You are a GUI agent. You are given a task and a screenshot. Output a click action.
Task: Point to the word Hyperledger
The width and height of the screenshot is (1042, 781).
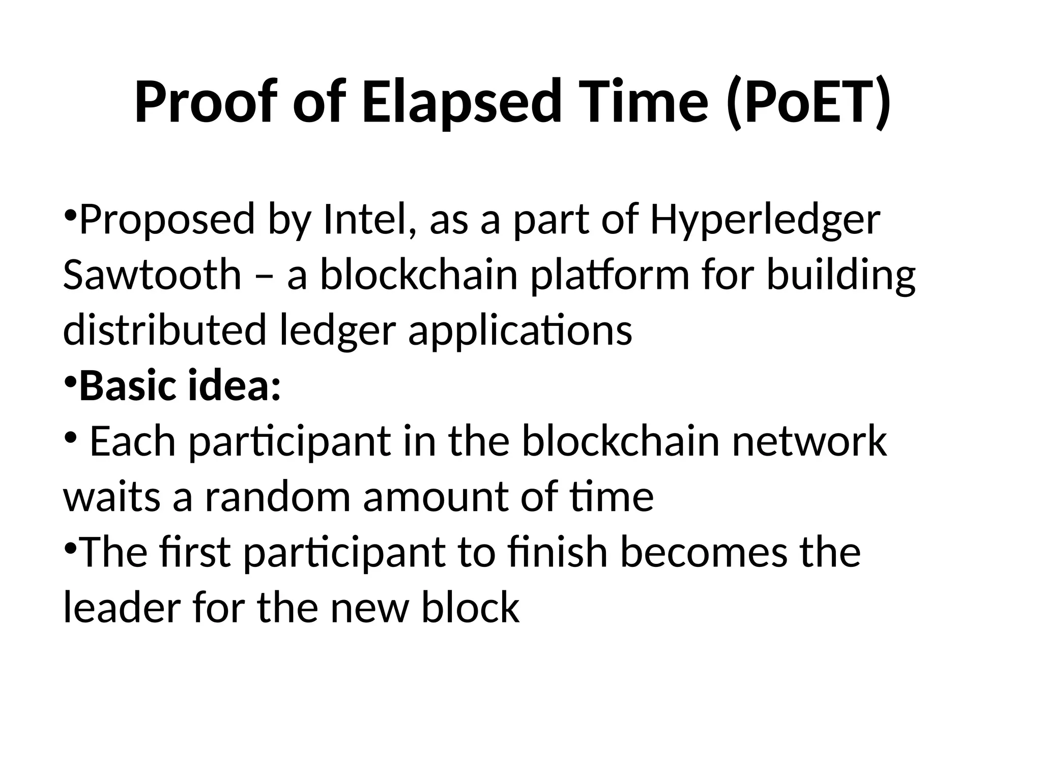[765, 220]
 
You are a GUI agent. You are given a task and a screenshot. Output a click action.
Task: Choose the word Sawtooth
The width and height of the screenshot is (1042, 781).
[152, 275]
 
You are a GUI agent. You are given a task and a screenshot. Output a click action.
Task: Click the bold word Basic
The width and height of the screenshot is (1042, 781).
[127, 385]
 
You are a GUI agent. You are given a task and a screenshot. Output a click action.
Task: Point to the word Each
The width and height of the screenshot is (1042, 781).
[133, 441]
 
